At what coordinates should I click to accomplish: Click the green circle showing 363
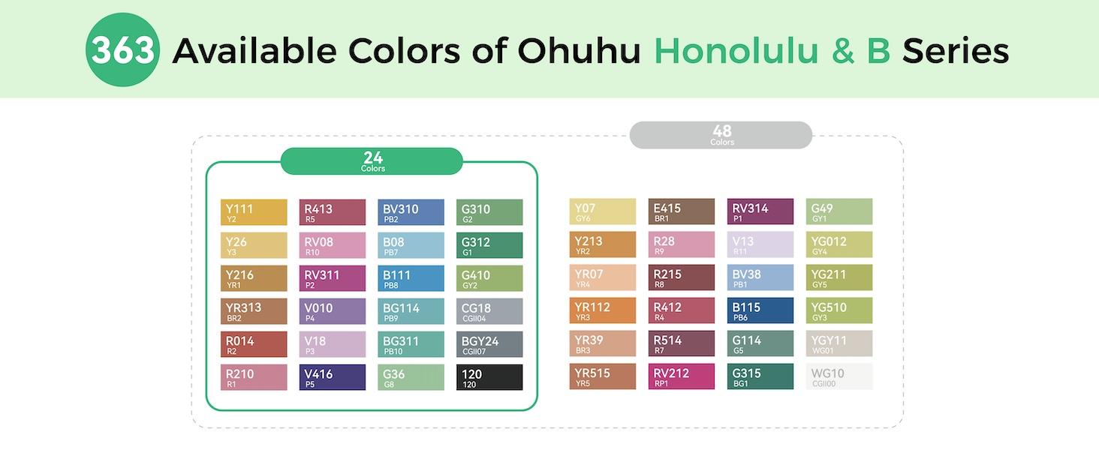click(122, 49)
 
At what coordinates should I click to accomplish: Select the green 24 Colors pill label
click(372, 161)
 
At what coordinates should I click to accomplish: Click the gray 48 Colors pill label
click(721, 135)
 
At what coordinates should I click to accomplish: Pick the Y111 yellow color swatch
click(254, 212)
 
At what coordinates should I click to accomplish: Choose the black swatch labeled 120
click(489, 377)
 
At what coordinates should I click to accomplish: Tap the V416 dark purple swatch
click(333, 377)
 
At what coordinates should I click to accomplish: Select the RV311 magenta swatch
click(333, 278)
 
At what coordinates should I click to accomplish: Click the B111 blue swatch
click(411, 278)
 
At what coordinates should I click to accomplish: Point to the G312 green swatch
click(489, 245)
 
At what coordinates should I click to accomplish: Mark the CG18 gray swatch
click(489, 311)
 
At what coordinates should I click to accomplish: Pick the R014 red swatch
click(254, 344)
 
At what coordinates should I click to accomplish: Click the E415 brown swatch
click(682, 211)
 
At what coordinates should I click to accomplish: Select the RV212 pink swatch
click(682, 376)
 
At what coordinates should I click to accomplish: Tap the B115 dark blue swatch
click(760, 310)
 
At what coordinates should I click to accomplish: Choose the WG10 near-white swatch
click(839, 376)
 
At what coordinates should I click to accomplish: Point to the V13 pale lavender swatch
click(760, 244)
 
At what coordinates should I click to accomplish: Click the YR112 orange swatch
click(603, 310)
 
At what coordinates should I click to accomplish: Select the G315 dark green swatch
click(760, 376)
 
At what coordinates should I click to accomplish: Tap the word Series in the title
click(955, 51)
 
